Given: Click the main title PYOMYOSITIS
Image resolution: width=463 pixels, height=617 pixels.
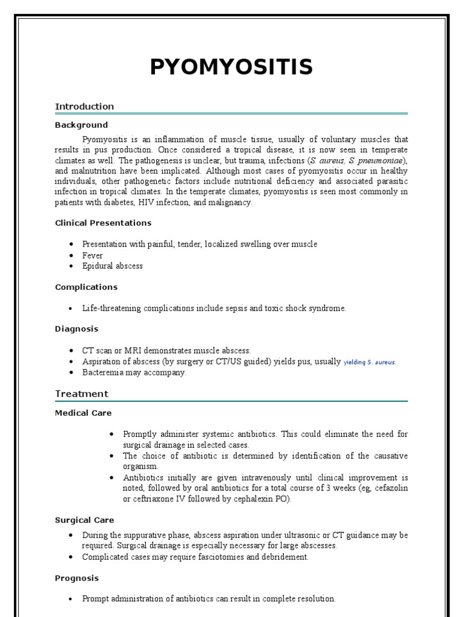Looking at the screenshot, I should pyautogui.click(x=231, y=67).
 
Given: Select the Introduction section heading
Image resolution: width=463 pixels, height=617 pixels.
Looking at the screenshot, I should pyautogui.click(x=84, y=107).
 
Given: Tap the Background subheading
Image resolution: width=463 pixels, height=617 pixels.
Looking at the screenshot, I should pyautogui.click(x=81, y=125).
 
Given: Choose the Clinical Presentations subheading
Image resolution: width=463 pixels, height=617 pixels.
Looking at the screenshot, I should pyautogui.click(x=103, y=223).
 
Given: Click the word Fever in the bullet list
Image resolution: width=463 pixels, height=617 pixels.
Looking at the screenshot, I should pyautogui.click(x=93, y=255).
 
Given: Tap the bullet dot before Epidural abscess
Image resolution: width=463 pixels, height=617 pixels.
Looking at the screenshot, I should pyautogui.click(x=71, y=266).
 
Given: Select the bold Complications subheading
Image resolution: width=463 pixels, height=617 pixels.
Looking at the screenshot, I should pyautogui.click(x=86, y=287).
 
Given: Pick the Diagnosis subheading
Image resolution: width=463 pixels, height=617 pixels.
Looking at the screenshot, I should pyautogui.click(x=77, y=329).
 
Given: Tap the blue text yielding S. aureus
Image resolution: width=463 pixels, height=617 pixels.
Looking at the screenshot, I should pyautogui.click(x=370, y=362).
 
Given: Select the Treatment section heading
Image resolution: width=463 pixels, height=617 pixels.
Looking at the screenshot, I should pyautogui.click(x=81, y=394).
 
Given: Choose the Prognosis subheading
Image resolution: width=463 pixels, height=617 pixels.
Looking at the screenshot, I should pyautogui.click(x=77, y=578).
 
